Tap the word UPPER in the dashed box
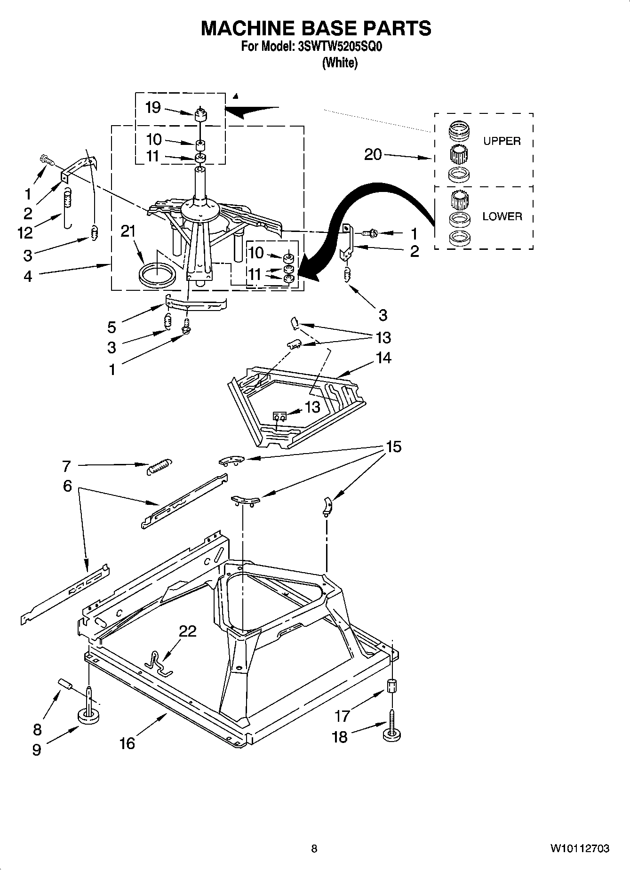click(x=502, y=141)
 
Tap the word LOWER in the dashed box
click(x=502, y=216)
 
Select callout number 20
click(x=373, y=154)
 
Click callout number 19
click(x=153, y=108)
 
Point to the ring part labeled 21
click(x=157, y=275)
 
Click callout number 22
click(x=187, y=631)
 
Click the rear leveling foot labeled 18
click(x=391, y=733)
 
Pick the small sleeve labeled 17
click(x=392, y=686)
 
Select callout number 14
click(x=383, y=358)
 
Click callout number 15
click(x=393, y=447)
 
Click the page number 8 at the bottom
click(x=314, y=848)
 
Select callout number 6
click(x=67, y=486)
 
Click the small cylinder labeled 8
click(x=64, y=684)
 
